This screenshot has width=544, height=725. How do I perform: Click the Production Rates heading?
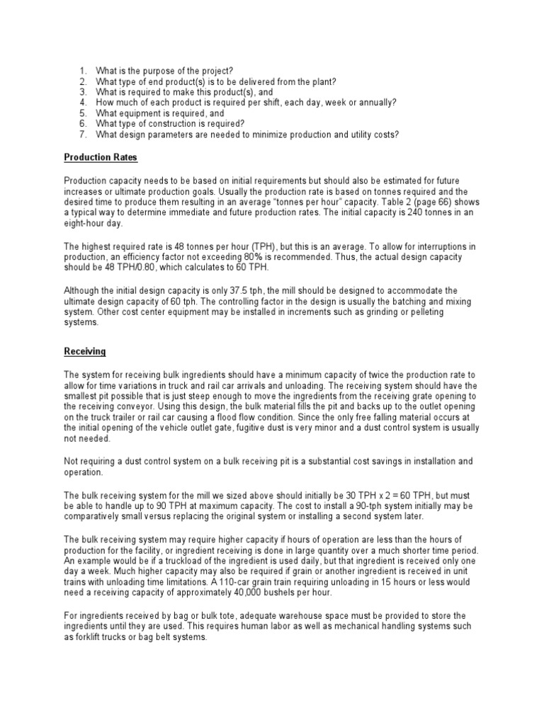[x=101, y=157]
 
